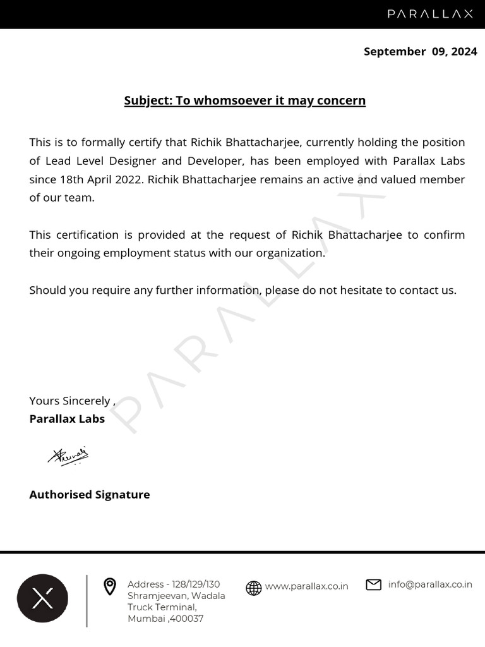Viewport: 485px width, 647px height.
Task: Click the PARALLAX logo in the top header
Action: point(430,14)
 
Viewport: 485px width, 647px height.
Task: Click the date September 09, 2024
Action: point(420,52)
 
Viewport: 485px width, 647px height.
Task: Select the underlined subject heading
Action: point(244,100)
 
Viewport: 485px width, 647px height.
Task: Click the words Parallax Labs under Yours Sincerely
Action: point(67,418)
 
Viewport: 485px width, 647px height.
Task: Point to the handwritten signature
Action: point(68,456)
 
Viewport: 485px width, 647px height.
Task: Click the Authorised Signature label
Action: point(90,495)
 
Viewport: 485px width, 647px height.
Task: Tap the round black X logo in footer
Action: point(42,598)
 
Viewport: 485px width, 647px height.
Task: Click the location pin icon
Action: point(110,587)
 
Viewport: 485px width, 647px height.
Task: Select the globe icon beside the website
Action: point(253,588)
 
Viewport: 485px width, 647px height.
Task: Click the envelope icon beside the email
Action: point(374,585)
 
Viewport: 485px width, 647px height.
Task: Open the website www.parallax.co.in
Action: point(306,586)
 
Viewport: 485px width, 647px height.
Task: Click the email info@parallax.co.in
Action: point(430,584)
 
